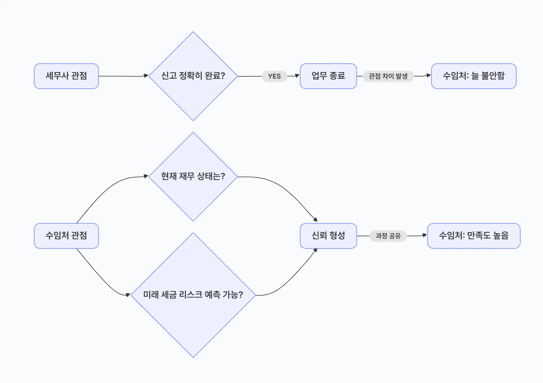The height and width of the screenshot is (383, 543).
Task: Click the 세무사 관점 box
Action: click(x=66, y=76)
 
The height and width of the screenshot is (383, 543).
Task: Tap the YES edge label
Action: click(x=274, y=76)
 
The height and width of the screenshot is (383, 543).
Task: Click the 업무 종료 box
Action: click(x=328, y=76)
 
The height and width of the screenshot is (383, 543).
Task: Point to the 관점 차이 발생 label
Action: click(x=388, y=76)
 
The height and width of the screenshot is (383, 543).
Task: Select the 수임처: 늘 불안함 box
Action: click(x=474, y=76)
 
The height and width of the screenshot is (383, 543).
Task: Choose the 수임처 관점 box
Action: click(x=66, y=236)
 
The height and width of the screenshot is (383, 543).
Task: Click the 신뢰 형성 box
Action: click(x=328, y=236)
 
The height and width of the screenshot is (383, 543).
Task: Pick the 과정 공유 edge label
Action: click(x=388, y=236)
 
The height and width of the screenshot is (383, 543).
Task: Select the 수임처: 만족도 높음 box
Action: click(x=474, y=236)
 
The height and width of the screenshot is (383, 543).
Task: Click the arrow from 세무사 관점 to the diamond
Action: click(x=122, y=76)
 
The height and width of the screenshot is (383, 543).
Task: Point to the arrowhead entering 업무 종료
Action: click(x=297, y=76)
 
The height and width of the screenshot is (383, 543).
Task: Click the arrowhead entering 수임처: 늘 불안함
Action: click(x=429, y=75)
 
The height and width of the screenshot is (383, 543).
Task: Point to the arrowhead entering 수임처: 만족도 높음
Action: click(x=425, y=235)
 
